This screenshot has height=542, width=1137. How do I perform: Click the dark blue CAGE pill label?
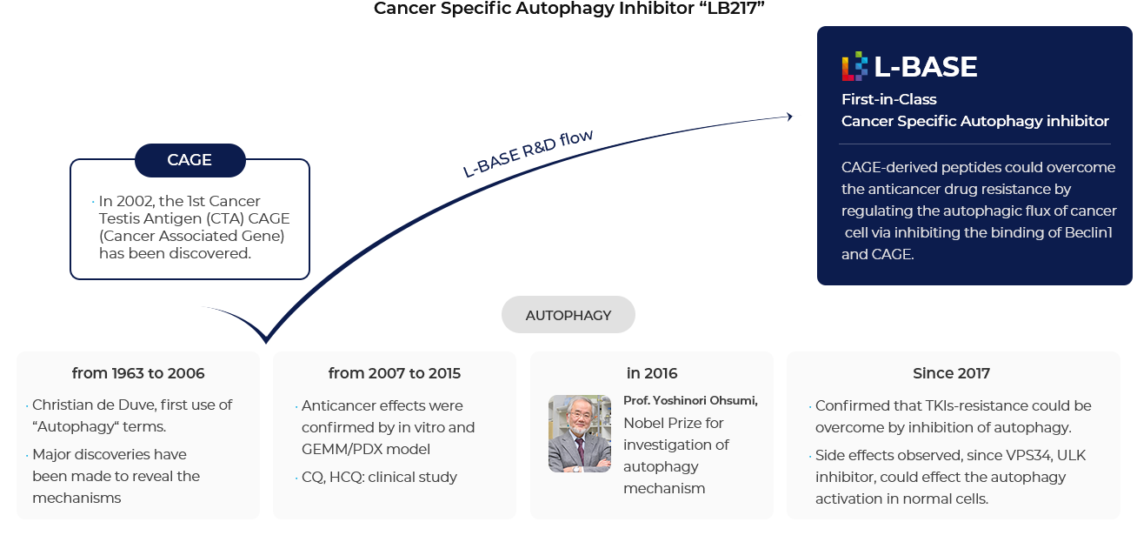tap(189, 160)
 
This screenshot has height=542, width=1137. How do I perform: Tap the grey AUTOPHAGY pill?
tap(568, 315)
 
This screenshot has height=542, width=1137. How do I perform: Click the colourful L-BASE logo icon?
tap(854, 66)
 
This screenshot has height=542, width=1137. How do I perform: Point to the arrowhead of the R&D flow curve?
tap(789, 117)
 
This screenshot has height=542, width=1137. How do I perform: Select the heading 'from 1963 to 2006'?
tap(138, 373)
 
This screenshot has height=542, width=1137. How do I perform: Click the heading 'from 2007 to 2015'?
tap(395, 373)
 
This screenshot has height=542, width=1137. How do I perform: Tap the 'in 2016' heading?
tap(652, 373)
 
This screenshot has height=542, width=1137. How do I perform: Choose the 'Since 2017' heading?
tap(951, 373)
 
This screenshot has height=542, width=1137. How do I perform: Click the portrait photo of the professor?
tap(580, 434)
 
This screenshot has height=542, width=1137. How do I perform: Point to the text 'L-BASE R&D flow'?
tap(528, 153)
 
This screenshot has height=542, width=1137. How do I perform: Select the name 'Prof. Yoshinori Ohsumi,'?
tap(690, 401)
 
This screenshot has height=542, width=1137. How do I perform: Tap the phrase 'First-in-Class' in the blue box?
tap(888, 99)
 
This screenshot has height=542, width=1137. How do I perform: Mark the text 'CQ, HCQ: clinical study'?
tap(379, 478)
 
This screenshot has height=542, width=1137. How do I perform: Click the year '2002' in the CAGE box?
tap(136, 201)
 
